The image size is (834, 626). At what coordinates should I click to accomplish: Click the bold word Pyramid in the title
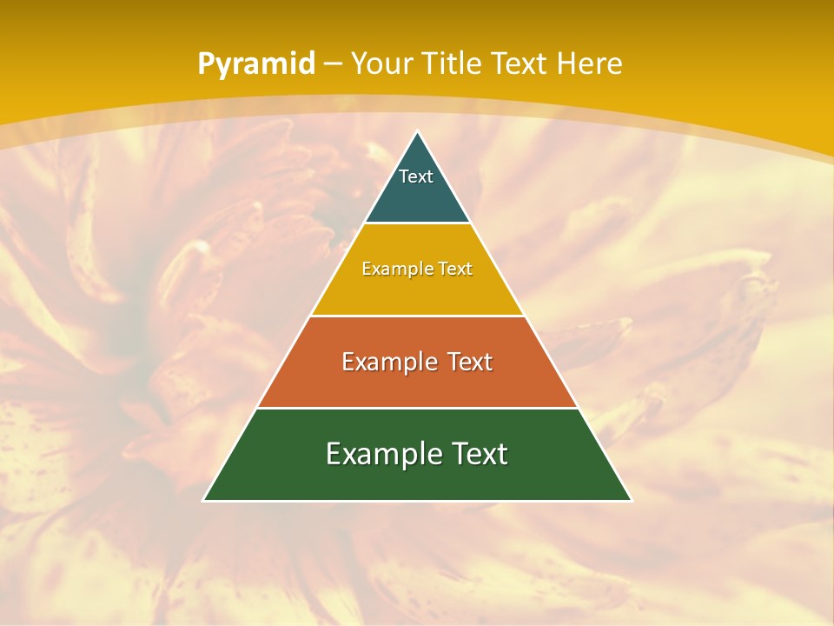tap(255, 64)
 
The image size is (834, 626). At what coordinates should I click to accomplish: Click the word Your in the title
tap(382, 63)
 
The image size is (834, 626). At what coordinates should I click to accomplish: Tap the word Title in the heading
tap(451, 63)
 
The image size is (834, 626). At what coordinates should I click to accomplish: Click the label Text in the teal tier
tap(416, 176)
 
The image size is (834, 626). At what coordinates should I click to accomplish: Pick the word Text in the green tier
tap(480, 454)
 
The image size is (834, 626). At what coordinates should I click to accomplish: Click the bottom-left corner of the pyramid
tap(204, 500)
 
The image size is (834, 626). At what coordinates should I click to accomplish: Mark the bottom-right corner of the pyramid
tap(631, 500)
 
